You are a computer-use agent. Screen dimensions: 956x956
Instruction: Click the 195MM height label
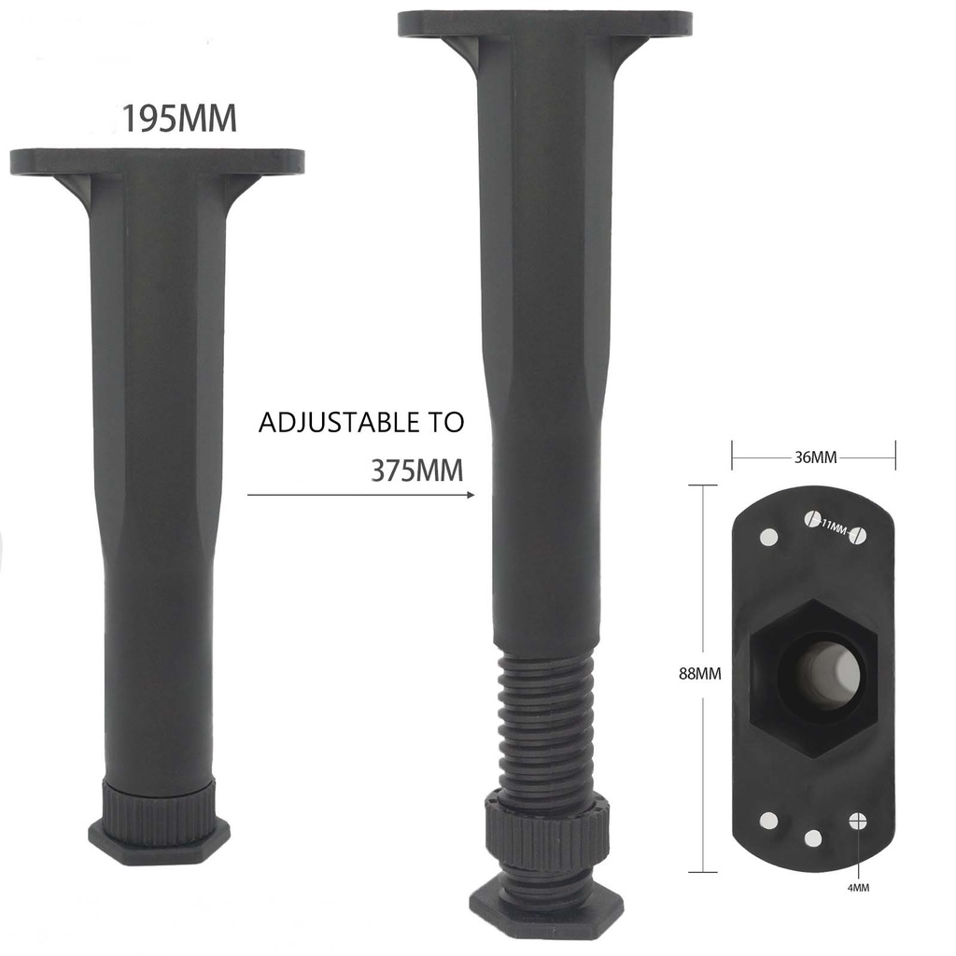point(178,119)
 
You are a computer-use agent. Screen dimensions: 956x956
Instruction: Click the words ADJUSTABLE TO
point(361,423)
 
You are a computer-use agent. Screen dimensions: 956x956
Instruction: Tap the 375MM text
point(417,471)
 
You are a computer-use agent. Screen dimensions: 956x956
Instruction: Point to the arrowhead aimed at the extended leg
point(471,495)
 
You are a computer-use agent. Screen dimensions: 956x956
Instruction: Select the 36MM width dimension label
point(815,457)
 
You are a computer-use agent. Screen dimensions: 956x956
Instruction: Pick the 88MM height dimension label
point(700,673)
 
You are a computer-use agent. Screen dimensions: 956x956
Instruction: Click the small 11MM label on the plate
point(835,527)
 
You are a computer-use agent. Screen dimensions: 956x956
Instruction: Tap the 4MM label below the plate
point(858,888)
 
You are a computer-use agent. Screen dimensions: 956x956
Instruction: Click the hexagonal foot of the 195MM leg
point(159,841)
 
